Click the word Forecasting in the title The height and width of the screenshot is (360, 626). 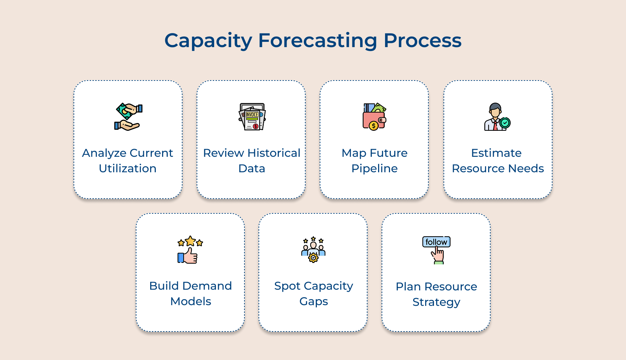pyautogui.click(x=318, y=40)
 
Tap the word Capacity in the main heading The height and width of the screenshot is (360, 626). pyautogui.click(x=208, y=40)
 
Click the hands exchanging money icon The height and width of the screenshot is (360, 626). pyautogui.click(x=128, y=117)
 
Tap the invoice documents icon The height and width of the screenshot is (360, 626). pyautogui.click(x=252, y=117)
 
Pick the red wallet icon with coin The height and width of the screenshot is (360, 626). pyautogui.click(x=374, y=117)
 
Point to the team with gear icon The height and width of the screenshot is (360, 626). pyautogui.click(x=313, y=250)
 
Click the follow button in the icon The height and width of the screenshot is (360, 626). pyautogui.click(x=436, y=242)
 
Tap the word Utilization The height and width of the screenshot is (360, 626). pyautogui.click(x=128, y=168)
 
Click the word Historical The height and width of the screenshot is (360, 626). pyautogui.click(x=274, y=153)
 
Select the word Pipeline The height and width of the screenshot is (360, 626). pyautogui.click(x=375, y=168)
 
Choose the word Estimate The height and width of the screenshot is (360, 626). pyautogui.click(x=496, y=153)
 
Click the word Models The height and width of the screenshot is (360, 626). pyautogui.click(x=191, y=301)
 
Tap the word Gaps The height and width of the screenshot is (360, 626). pyautogui.click(x=313, y=302)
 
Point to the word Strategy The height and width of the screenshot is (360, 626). pyautogui.click(x=436, y=302)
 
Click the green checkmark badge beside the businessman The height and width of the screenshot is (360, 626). pyautogui.click(x=505, y=123)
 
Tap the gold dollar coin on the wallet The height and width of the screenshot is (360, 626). pyautogui.click(x=373, y=126)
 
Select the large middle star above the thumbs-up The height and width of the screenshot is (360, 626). pyautogui.click(x=190, y=241)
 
